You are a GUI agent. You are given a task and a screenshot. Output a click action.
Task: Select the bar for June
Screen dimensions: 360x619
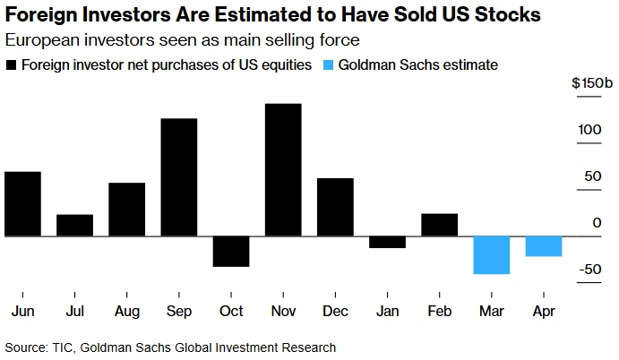tap(22, 203)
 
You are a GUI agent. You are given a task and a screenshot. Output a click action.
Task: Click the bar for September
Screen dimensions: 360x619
tap(178, 177)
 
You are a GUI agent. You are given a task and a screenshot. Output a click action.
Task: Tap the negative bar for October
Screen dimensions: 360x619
tap(230, 252)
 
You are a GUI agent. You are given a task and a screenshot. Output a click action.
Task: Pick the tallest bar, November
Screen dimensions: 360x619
tap(282, 170)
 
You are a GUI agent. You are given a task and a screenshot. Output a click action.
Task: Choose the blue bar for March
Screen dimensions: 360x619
tap(491, 255)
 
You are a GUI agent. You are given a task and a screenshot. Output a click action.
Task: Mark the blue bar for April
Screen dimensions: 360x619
tap(543, 246)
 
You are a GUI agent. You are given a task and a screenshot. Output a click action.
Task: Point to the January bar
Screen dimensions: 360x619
tap(387, 242)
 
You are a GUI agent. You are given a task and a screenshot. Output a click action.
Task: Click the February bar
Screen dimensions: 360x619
tap(439, 225)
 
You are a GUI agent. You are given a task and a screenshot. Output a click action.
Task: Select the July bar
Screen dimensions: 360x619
tap(74, 226)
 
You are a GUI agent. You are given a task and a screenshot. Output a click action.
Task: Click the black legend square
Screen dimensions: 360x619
tap(11, 65)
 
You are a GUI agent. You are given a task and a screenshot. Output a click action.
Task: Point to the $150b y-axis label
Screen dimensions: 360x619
tap(592, 84)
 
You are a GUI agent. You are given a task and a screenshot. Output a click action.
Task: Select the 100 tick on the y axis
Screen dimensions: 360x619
tap(589, 130)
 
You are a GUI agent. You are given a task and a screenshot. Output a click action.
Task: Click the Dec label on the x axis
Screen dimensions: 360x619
tap(334, 312)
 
